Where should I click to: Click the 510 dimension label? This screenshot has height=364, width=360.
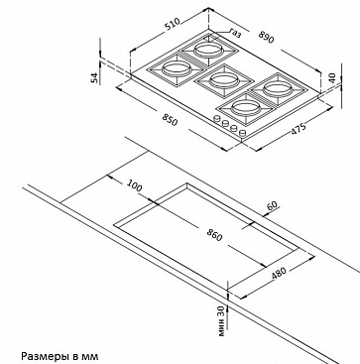(173, 24)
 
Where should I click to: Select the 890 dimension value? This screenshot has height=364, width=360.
(267, 37)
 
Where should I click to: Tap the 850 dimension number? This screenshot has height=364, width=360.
(170, 120)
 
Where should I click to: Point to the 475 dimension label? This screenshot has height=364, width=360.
(299, 128)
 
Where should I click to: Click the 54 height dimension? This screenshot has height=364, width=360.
(95, 77)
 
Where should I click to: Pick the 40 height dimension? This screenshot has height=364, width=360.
(332, 78)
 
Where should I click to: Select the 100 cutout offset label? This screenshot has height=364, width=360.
(134, 186)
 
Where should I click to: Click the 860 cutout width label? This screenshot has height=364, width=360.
(214, 235)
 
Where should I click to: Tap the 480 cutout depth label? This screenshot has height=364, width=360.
(278, 274)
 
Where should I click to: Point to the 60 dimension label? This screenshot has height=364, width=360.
(272, 205)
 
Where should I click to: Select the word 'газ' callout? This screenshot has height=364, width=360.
(235, 33)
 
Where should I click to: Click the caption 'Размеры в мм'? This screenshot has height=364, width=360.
(60, 357)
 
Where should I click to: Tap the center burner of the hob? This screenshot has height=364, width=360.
(224, 80)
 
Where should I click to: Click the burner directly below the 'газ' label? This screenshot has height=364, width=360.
(208, 51)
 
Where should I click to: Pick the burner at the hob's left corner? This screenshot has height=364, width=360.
(177, 69)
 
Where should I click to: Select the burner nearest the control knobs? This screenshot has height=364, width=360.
(246, 107)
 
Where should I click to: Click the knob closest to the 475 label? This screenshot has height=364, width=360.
(242, 133)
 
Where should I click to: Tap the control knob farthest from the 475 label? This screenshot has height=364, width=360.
(217, 118)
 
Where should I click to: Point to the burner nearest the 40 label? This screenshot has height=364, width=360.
(278, 88)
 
